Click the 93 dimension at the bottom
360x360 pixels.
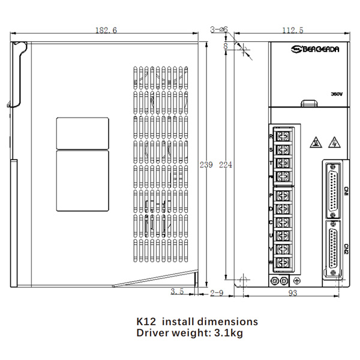tap(293, 293)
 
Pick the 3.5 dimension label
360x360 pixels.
tap(177, 292)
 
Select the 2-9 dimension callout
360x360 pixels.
tap(217, 293)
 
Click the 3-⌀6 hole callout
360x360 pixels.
tap(218, 29)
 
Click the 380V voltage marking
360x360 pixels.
tap(336, 94)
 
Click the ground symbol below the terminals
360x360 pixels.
tap(296, 280)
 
